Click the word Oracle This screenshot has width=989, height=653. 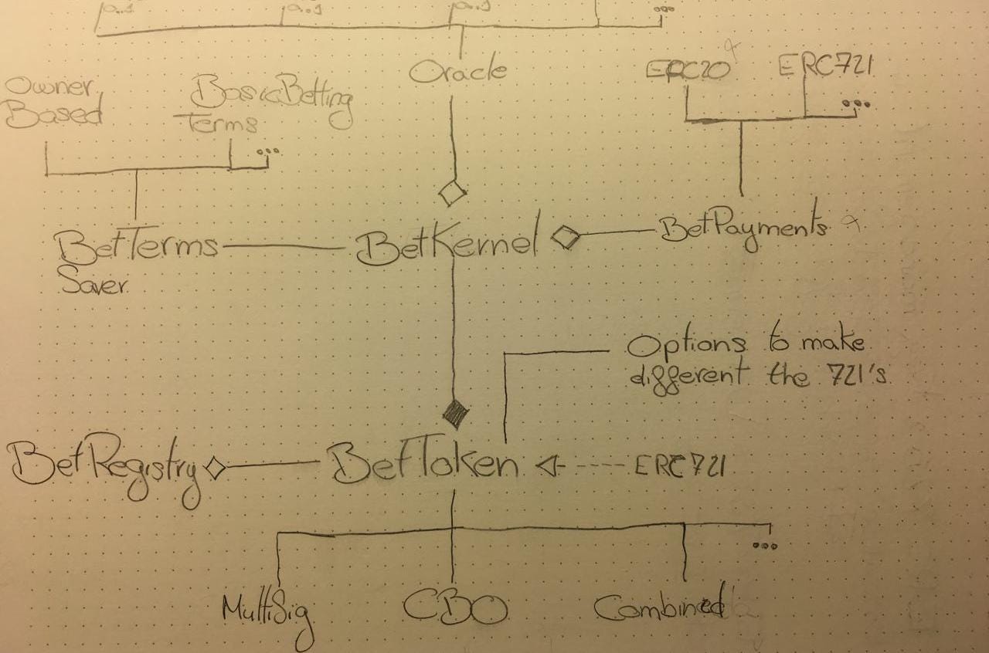click(458, 71)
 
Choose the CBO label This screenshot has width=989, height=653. click(455, 608)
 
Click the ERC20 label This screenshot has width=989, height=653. click(688, 69)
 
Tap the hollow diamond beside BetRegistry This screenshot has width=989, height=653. click(214, 466)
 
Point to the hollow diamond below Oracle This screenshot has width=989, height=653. click(452, 192)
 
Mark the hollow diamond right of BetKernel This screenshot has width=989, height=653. click(566, 237)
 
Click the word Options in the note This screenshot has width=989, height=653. click(686, 345)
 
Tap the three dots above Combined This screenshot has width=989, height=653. click(764, 546)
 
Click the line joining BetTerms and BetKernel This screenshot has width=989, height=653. click(283, 247)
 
